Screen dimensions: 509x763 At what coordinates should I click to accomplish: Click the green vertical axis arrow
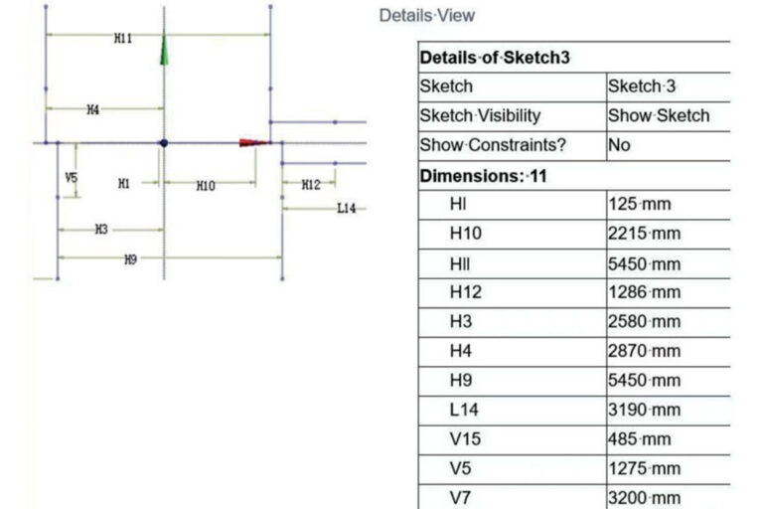164,50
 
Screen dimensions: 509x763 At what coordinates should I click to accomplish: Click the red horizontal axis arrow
253,142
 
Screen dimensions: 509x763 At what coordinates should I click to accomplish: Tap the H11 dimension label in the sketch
122,38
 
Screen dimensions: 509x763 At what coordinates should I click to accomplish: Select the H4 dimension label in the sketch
92,110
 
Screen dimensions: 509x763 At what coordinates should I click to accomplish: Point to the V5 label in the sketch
71,178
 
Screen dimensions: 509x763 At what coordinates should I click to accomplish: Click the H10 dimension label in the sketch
205,185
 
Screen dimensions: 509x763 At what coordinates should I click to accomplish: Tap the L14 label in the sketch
346,208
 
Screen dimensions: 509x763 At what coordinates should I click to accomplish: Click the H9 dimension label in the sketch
130,259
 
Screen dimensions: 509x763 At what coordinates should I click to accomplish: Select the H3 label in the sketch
100,230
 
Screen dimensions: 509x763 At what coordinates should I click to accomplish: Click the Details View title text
426,16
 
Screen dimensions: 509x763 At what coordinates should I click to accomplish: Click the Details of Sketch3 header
495,58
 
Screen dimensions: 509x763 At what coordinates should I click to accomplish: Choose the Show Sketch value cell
659,115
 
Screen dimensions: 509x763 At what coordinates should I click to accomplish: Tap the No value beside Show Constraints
619,145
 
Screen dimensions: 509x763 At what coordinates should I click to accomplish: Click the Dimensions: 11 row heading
483,176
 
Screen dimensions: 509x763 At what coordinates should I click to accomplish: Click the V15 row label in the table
463,439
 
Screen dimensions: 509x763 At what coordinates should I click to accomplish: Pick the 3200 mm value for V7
645,497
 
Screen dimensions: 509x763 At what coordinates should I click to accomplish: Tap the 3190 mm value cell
645,410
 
